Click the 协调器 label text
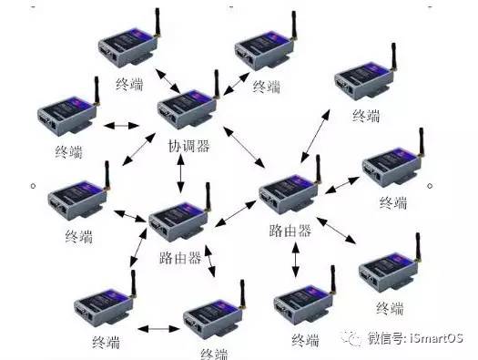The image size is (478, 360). pyautogui.click(x=189, y=147)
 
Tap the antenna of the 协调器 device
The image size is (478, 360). pyautogui.click(x=216, y=84)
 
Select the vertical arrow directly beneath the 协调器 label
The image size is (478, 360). pyautogui.click(x=181, y=173)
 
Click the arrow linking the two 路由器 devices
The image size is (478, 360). pyautogui.click(x=235, y=213)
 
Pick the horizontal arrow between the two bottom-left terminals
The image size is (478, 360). pyautogui.click(x=158, y=329)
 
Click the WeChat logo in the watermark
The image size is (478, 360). pyautogui.click(x=351, y=338)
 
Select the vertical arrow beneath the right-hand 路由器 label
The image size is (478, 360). pyautogui.click(x=295, y=260)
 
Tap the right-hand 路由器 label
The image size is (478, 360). pyautogui.click(x=290, y=231)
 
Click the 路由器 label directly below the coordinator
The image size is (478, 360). pyautogui.click(x=180, y=258)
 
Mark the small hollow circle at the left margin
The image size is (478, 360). pyautogui.click(x=33, y=186)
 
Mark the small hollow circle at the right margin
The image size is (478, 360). pyautogui.click(x=430, y=186)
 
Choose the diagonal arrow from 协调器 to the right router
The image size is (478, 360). pyautogui.click(x=244, y=147)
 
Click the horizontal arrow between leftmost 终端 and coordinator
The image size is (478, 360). pyautogui.click(x=122, y=126)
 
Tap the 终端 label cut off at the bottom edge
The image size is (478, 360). pyautogui.click(x=214, y=354)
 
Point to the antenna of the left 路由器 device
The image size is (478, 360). pyautogui.click(x=208, y=197)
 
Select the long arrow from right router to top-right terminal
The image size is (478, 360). pyautogui.click(x=315, y=136)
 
